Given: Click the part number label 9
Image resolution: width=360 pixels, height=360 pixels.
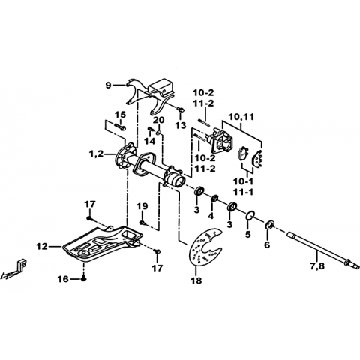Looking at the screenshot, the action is [x=108, y=85].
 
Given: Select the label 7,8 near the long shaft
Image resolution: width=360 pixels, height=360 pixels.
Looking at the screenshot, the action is [x=317, y=266].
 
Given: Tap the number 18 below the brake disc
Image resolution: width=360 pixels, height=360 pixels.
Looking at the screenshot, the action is [x=196, y=280].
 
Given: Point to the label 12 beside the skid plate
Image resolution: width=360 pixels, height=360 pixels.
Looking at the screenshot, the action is [x=42, y=247].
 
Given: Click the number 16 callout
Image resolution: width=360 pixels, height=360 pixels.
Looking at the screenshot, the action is [x=63, y=279].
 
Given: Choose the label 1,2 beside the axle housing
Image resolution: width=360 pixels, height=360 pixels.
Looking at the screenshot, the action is [x=96, y=154].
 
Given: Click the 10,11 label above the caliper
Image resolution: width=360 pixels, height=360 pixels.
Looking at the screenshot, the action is [x=241, y=117].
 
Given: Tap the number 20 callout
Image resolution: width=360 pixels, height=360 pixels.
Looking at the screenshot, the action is [x=159, y=121].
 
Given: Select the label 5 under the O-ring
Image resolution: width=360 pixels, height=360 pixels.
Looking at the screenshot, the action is [x=248, y=235].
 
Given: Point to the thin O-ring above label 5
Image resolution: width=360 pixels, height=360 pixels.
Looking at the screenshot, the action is [x=250, y=215].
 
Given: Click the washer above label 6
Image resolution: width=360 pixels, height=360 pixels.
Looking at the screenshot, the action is [x=270, y=224].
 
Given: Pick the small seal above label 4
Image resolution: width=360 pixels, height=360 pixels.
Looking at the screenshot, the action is [x=214, y=199].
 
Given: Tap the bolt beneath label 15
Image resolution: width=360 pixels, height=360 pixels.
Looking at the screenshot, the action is [x=120, y=127].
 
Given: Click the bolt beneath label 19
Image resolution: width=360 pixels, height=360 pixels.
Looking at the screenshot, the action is [x=143, y=222].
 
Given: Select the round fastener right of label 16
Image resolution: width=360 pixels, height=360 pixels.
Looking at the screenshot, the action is [x=84, y=279].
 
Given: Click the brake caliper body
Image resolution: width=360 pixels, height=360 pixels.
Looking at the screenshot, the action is [x=220, y=141].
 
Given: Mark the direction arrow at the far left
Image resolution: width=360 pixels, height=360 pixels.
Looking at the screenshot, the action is [x=13, y=271].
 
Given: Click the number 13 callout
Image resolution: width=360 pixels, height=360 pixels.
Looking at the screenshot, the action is [x=181, y=125].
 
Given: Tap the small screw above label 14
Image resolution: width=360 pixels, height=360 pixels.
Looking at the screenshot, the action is [x=151, y=129].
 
